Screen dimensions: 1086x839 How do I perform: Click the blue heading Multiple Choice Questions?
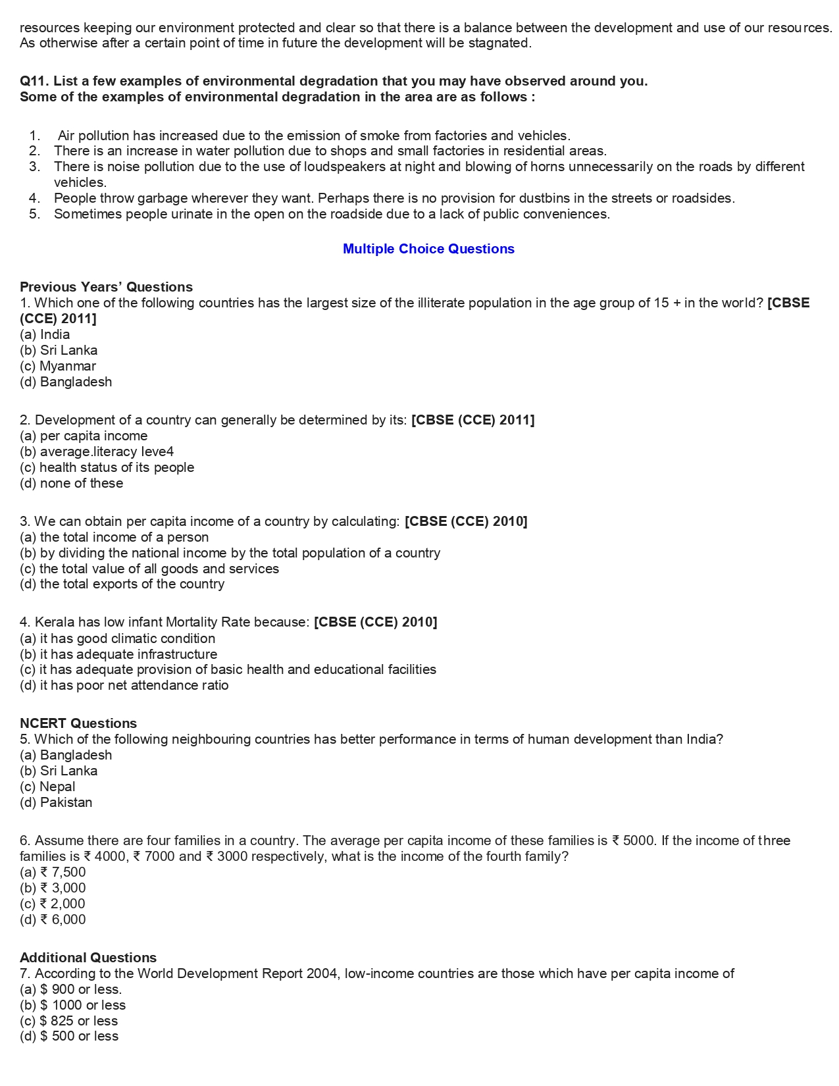428,249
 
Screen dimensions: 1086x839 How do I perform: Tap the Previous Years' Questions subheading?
106,287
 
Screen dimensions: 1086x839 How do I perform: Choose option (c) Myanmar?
58,366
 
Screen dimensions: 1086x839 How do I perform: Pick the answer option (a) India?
45,334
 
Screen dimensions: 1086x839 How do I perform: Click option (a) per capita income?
84,436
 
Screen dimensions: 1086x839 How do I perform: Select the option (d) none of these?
72,483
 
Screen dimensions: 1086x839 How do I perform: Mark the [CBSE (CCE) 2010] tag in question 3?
466,521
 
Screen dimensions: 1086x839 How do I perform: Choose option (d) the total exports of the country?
122,584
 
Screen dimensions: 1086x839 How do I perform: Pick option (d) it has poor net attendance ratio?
124,685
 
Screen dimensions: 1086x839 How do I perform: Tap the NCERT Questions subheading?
78,723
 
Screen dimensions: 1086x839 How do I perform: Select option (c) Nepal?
47,787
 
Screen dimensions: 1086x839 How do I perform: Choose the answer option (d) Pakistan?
56,802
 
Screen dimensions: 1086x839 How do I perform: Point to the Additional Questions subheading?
88,958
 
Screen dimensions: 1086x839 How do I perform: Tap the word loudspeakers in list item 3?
345,167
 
